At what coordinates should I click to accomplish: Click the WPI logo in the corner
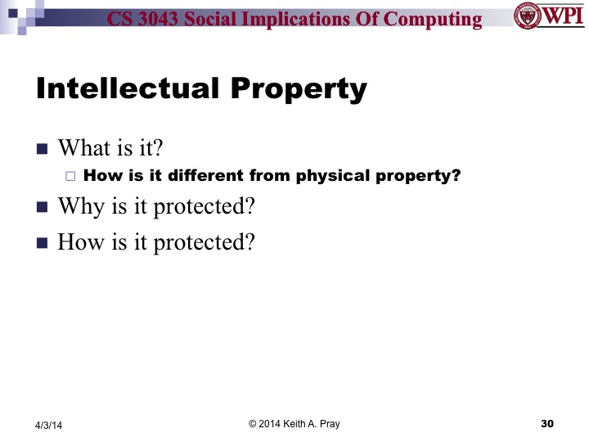point(546,16)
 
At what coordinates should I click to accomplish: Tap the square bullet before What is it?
point(43,149)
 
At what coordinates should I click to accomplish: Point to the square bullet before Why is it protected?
point(43,206)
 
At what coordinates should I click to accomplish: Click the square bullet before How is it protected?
point(43,242)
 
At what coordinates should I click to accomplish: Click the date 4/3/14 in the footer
point(49,424)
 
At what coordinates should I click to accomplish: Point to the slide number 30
point(547,423)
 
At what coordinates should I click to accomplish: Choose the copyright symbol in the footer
point(253,423)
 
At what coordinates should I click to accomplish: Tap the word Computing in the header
point(438,18)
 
